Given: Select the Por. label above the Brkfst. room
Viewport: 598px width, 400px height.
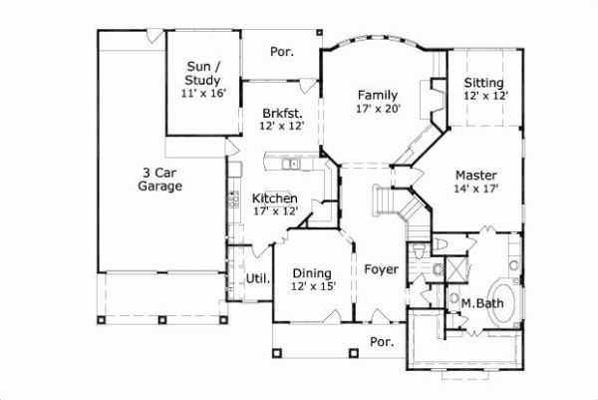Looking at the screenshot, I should coord(280,51).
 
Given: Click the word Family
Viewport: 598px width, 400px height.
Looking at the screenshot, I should coord(378,95).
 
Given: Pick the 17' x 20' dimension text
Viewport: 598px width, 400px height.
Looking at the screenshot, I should coord(379,109).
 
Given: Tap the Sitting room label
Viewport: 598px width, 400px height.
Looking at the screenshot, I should coord(485,82).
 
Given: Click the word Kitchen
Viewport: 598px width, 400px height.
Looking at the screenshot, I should coord(274,198).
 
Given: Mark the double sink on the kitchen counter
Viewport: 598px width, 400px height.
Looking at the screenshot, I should coord(290,165).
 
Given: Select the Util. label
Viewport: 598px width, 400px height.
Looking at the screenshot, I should coord(257,278).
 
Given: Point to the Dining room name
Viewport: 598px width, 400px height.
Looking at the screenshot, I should coord(312,272).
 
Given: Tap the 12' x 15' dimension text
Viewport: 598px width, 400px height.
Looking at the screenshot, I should coord(313,286).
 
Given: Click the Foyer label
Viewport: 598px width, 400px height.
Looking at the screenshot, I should coord(380,269).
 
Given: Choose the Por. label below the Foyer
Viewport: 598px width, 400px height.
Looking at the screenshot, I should coord(381,341).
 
